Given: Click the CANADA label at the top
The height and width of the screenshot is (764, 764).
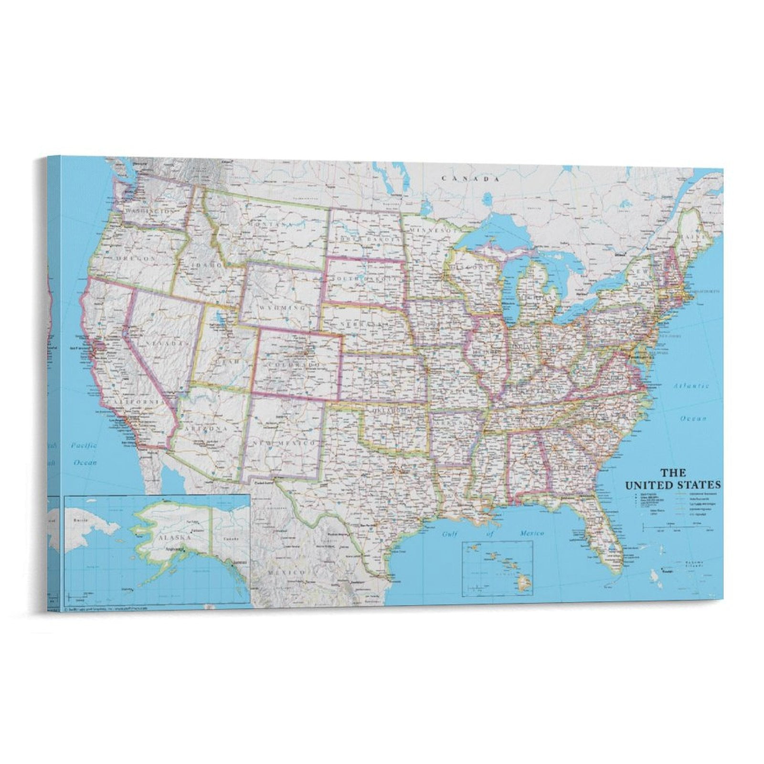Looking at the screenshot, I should coord(470,179).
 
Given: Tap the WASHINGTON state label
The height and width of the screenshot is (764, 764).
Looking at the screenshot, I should coord(149,211).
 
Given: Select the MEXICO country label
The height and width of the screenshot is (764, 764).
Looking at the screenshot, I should coord(286,572).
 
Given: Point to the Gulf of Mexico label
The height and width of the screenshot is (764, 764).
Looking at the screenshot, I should coord(492,534).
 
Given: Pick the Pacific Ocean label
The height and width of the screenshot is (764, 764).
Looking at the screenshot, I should coord(85,454).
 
